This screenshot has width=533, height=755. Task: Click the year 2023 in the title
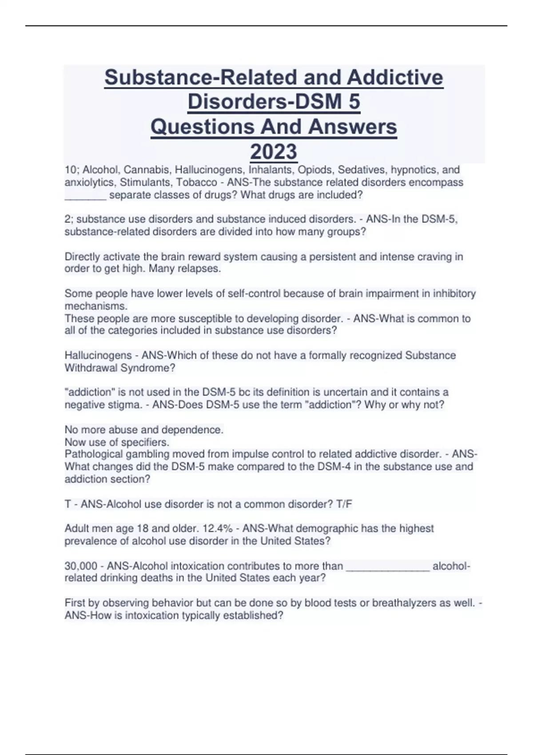coord(274,151)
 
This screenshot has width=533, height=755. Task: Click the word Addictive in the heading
coord(395,77)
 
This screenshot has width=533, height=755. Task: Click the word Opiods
coord(316,170)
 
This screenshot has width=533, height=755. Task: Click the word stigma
coord(125,405)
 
